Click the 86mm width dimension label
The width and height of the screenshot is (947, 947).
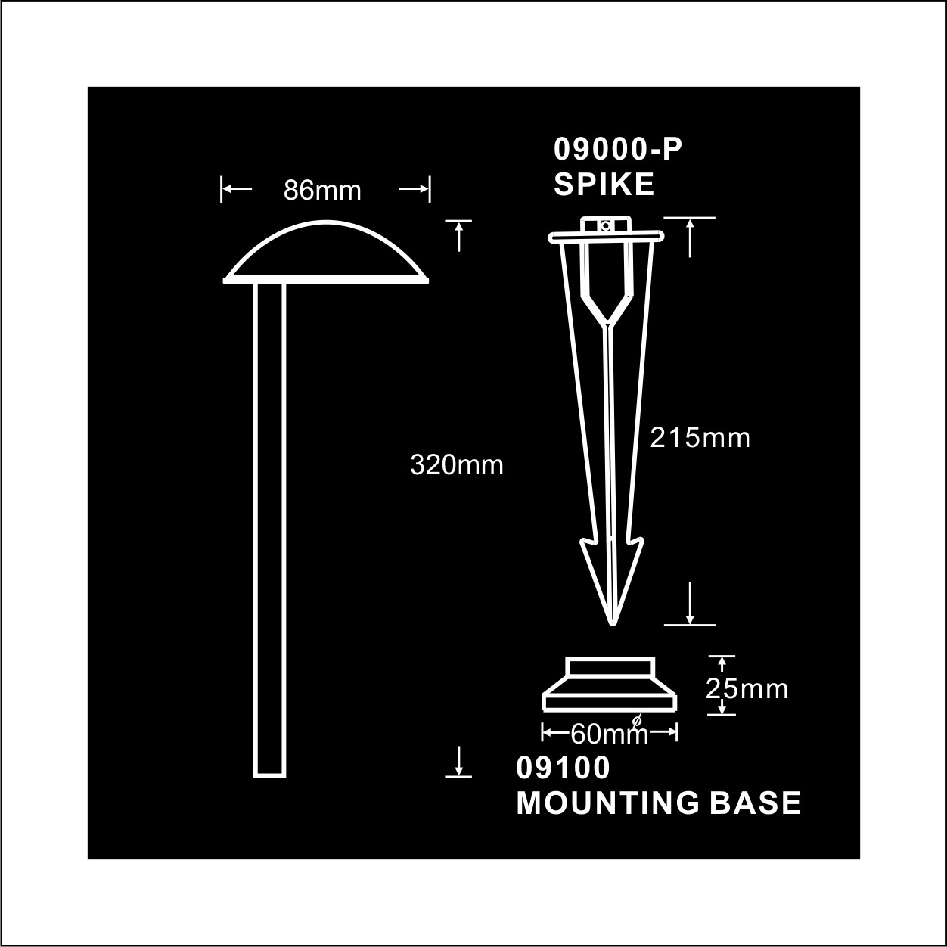pos(322,191)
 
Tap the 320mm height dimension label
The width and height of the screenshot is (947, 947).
pos(457,465)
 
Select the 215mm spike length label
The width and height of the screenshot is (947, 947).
pos(700,437)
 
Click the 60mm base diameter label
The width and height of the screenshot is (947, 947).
pos(610,735)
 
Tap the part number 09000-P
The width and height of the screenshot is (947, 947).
pos(618,150)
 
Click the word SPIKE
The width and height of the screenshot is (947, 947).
pos(604,185)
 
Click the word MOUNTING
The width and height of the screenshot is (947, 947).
pos(607,803)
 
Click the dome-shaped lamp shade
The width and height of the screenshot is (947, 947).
pos(326,252)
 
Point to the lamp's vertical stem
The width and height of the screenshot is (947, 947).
pos(270,530)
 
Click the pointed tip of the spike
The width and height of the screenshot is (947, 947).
pos(613,625)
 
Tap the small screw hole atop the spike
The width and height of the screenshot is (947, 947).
pos(605,226)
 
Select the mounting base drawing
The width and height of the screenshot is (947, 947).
pos(610,684)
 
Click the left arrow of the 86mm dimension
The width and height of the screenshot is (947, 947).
pos(237,188)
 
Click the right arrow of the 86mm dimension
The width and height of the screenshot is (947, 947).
pos(415,188)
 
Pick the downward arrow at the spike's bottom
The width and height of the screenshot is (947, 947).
pos(690,604)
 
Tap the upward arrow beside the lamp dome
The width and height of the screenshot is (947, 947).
pos(458,236)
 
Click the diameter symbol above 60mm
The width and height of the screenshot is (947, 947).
pos(637,720)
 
